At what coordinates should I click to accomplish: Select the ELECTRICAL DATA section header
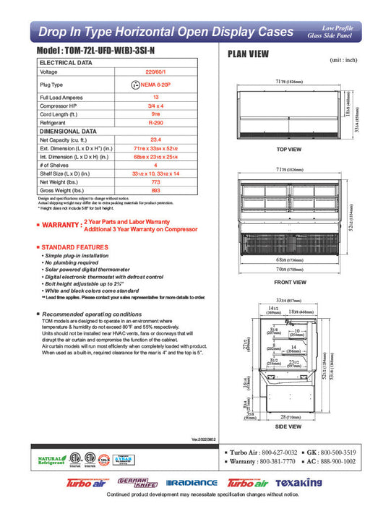[66, 63]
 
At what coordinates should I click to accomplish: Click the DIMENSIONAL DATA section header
[68, 132]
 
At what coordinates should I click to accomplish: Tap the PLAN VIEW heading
[249, 53]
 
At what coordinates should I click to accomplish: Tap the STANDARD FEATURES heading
[73, 248]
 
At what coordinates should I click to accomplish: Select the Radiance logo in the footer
[192, 483]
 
